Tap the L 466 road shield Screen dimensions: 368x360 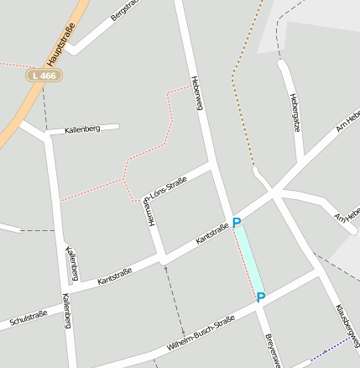(x=43, y=76)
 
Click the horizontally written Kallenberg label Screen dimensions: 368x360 (x=82, y=129)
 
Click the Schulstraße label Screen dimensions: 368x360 (x=28, y=318)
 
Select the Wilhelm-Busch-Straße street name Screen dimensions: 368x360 (x=200, y=333)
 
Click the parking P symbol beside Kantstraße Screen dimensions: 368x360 (x=237, y=223)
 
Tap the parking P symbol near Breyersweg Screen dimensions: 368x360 (x=260, y=297)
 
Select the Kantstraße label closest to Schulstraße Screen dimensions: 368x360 (x=115, y=276)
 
